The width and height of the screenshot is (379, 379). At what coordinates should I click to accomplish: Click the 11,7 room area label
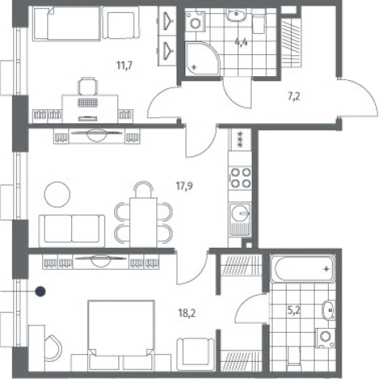(x=124, y=66)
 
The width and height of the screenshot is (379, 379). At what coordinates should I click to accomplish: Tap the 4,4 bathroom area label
(x=241, y=42)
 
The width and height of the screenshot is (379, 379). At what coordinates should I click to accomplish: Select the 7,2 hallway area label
(x=294, y=96)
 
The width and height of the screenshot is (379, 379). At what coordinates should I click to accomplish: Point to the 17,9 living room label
(x=185, y=185)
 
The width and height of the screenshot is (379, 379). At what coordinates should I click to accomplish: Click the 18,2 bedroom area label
(x=187, y=313)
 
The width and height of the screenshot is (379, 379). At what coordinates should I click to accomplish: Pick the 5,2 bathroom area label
(x=293, y=311)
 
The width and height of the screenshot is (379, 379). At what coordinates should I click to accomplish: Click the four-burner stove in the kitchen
(x=241, y=177)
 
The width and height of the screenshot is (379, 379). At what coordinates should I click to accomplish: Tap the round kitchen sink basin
(x=241, y=213)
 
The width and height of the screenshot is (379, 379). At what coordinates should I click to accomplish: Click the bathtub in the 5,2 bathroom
(x=303, y=269)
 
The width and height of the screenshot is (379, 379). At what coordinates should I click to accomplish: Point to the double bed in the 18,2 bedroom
(x=121, y=335)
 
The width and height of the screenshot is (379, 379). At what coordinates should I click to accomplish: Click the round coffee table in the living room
(x=57, y=194)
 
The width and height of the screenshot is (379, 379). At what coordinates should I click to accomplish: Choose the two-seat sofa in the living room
(x=72, y=231)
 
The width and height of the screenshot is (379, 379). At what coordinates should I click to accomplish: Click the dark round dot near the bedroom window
(x=40, y=292)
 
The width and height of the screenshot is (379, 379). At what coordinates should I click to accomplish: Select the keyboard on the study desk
(x=88, y=103)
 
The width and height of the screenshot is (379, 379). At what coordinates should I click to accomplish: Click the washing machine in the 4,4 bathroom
(x=195, y=21)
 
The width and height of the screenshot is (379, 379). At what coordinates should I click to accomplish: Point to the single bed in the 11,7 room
(x=66, y=23)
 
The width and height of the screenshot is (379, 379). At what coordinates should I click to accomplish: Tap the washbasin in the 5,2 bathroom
(x=328, y=310)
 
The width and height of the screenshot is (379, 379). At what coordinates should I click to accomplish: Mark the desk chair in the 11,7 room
(x=87, y=86)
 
